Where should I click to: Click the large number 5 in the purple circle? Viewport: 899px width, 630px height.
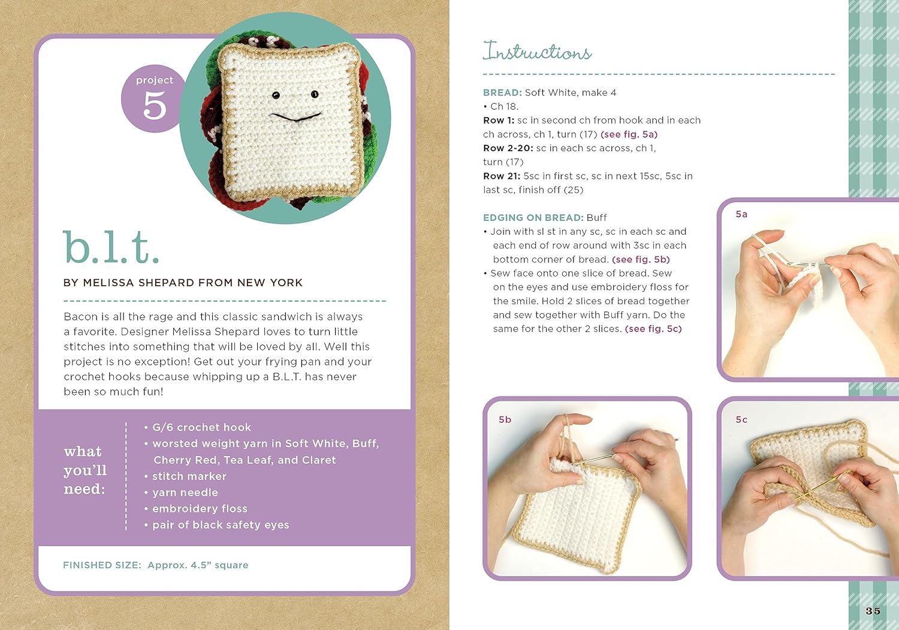coord(155,105)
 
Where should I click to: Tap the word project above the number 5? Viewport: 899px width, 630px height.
coord(155,80)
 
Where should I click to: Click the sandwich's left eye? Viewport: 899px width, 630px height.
coord(276,95)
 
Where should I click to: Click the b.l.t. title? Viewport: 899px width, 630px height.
coord(111,247)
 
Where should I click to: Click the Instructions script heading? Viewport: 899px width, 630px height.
coord(537,51)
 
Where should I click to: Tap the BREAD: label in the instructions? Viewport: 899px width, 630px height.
coord(502,93)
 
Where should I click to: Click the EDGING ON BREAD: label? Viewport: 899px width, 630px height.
coord(533,218)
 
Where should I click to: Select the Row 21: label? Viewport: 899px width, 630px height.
coord(502,176)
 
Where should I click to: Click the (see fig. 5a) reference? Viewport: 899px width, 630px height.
coord(629,134)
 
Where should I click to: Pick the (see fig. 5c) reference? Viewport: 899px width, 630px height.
coord(653,329)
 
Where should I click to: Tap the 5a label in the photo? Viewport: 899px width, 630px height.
coord(741,215)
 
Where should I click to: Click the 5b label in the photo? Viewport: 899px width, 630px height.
coord(505,420)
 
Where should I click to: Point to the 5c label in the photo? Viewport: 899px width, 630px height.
coord(741,420)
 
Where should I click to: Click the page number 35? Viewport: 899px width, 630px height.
coord(873,611)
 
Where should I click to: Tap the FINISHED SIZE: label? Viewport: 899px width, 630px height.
coord(102,565)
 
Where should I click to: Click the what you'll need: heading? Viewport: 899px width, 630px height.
coord(85,470)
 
